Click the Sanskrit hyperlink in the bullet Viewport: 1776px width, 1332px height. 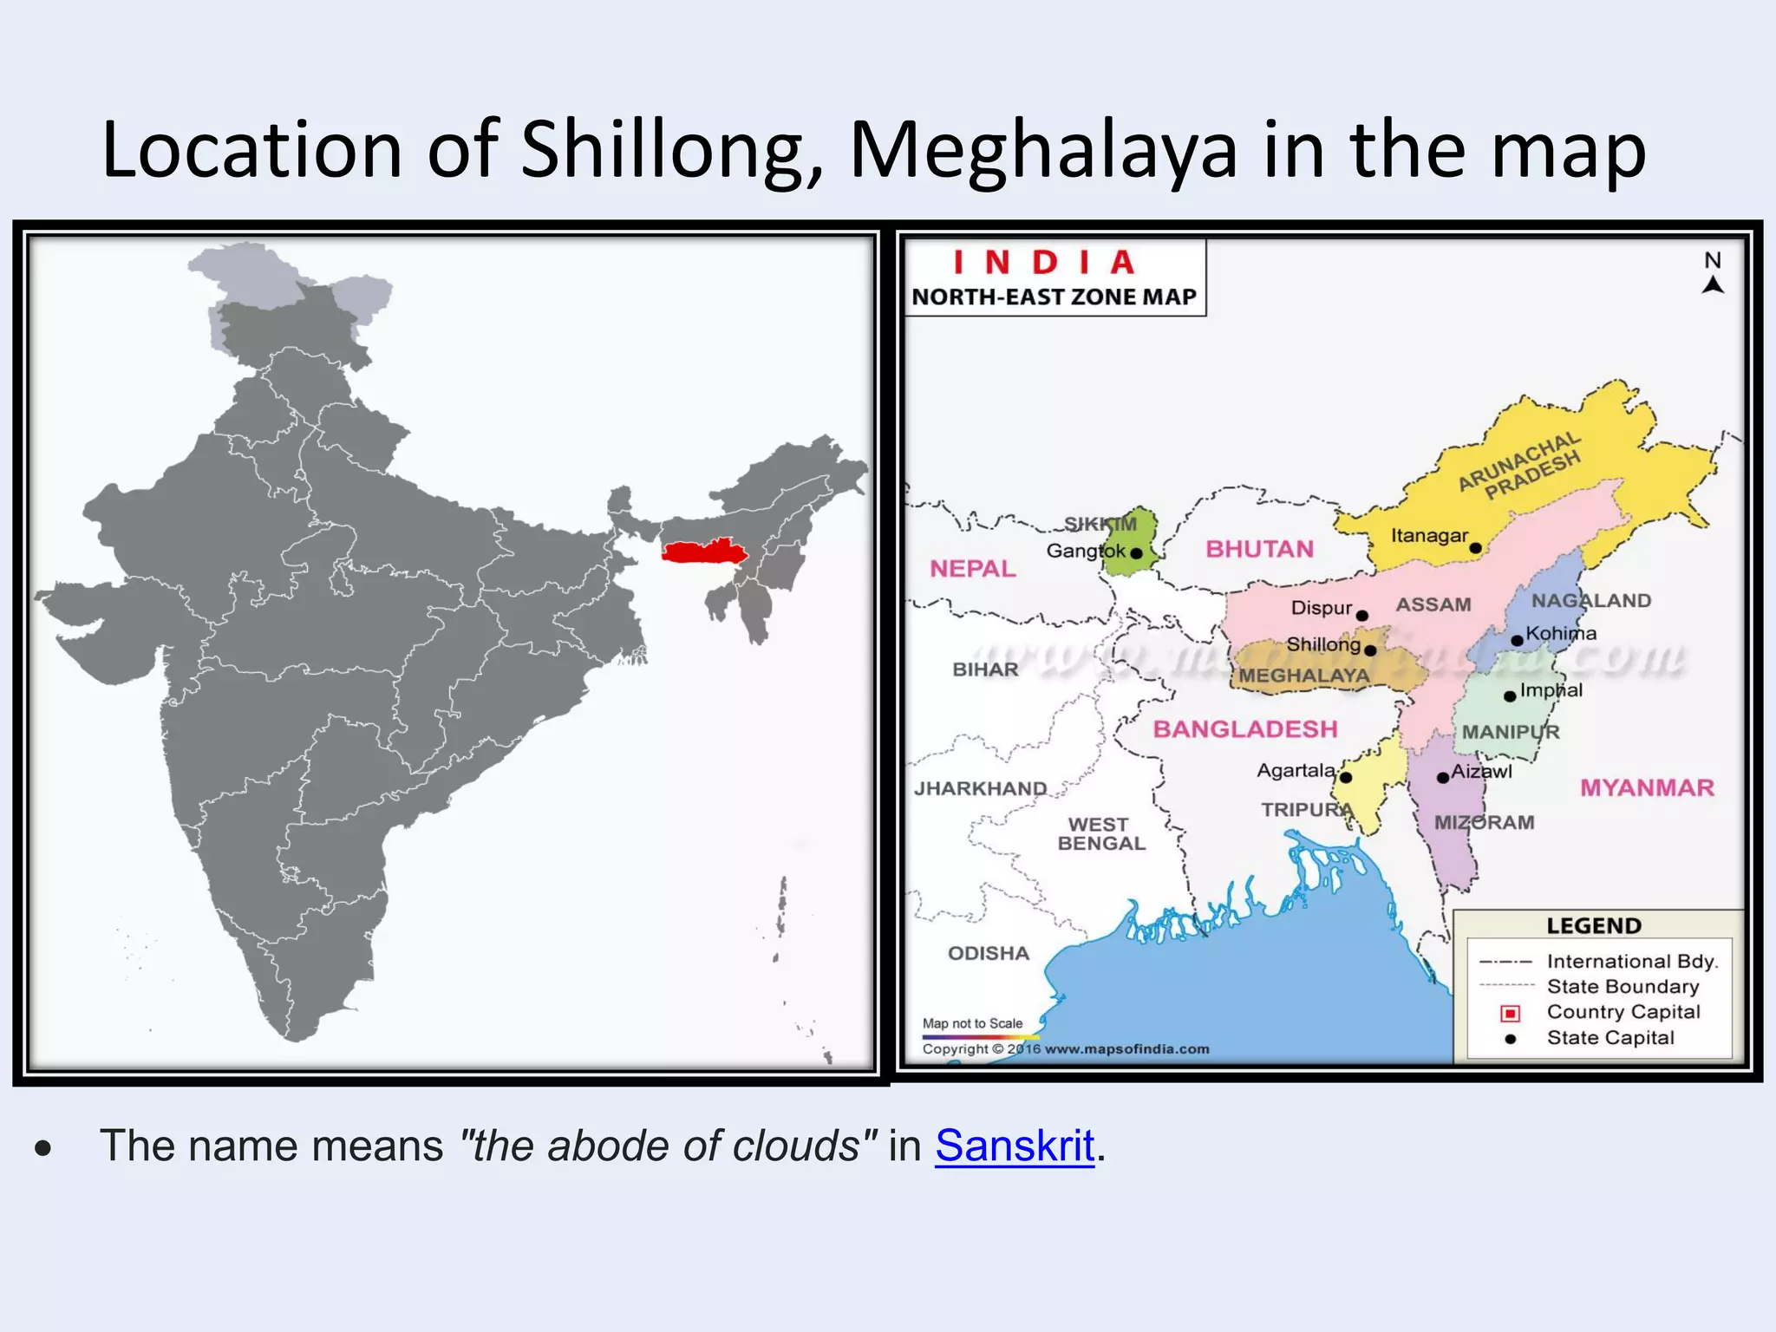pos(1015,1146)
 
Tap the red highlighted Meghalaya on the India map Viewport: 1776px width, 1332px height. pos(702,552)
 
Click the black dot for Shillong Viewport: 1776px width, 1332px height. pos(1370,650)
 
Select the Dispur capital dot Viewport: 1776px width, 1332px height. pos(1362,616)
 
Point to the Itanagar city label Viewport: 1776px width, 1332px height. pos(1429,536)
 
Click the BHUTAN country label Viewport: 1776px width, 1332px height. pos(1259,549)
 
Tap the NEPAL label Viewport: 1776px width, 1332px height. pos(972,569)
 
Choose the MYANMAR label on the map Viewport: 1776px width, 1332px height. pos(1647,787)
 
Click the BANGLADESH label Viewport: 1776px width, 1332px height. pos(1244,729)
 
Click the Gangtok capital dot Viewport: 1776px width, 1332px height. pos(1136,553)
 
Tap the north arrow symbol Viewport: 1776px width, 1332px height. pos(1713,284)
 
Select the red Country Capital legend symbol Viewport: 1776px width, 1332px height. pos(1510,1013)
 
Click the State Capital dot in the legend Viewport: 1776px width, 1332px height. pos(1510,1039)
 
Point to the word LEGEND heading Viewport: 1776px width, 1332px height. pos(1594,926)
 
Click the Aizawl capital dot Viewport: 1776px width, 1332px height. pos(1443,778)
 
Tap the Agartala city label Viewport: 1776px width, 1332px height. pos(1296,770)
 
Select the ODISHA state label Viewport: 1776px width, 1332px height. pos(989,953)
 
